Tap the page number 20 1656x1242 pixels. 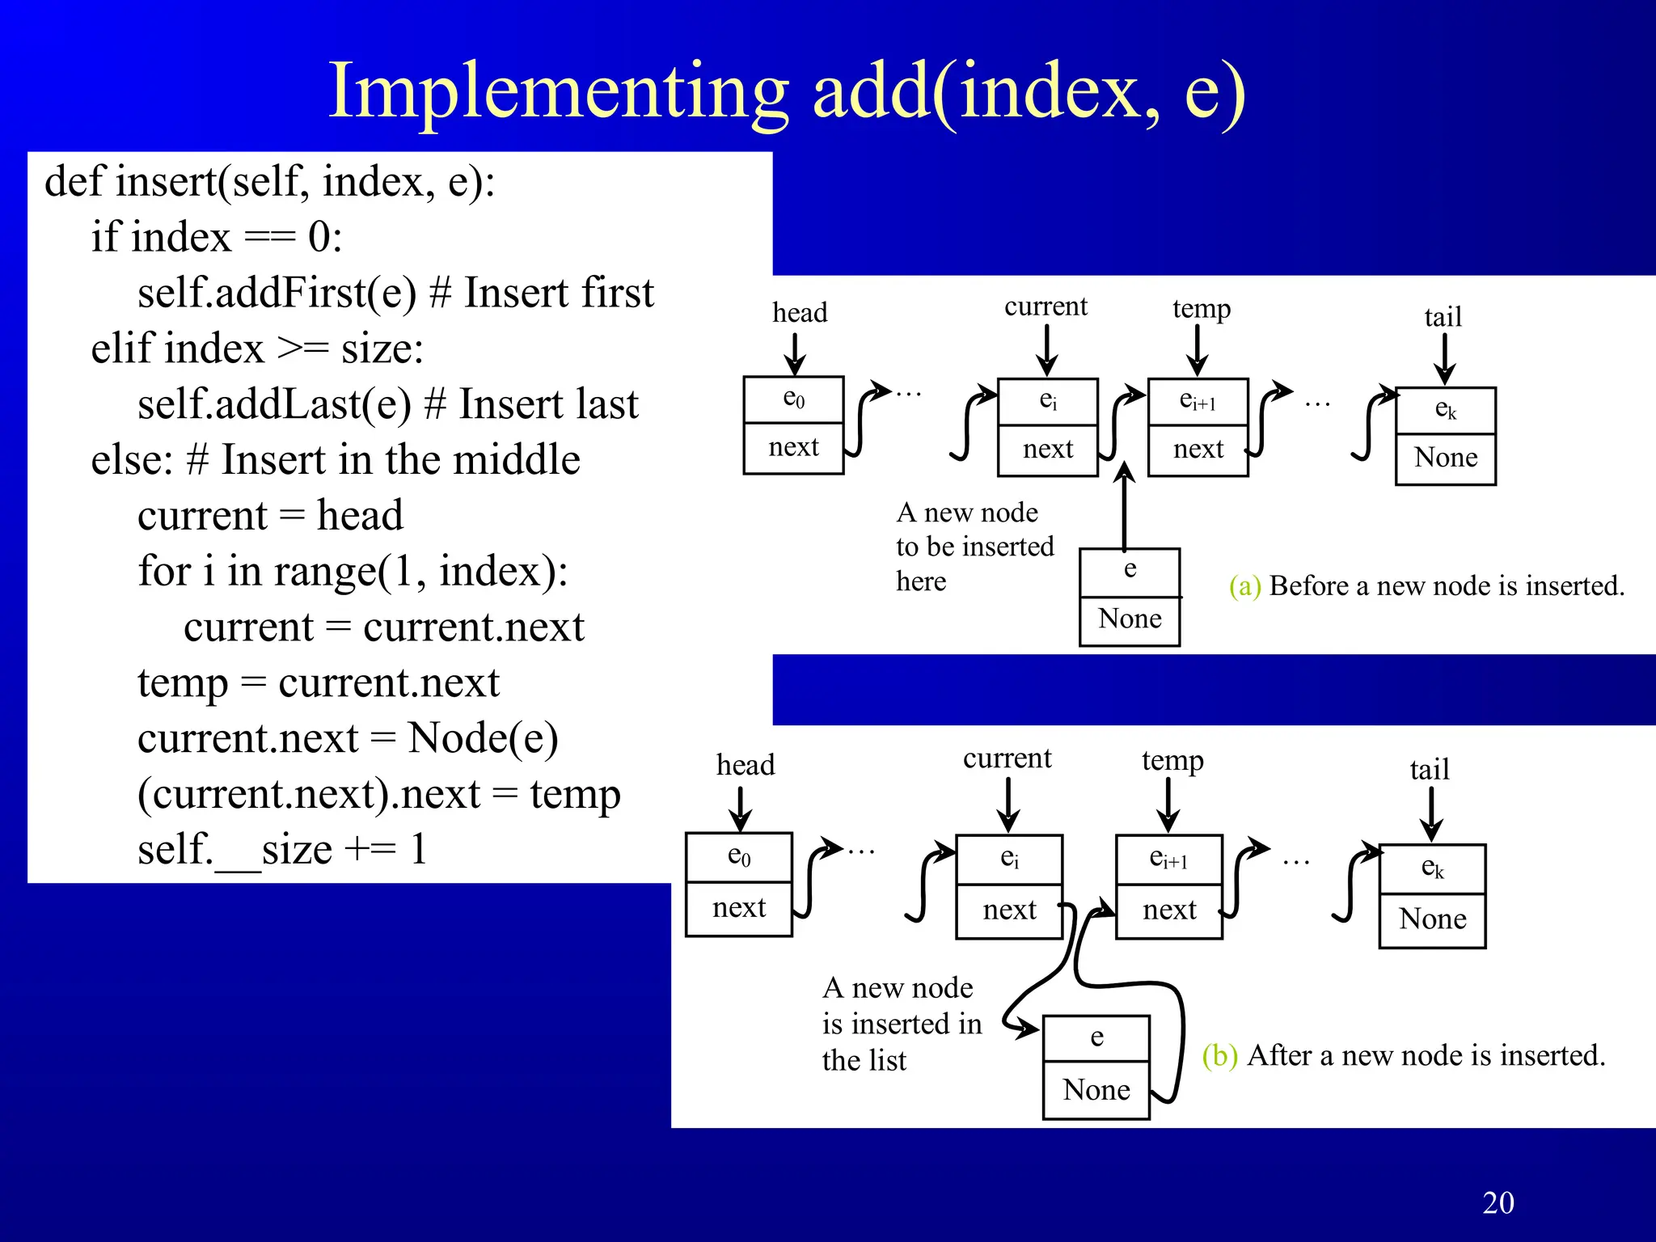tap(1498, 1202)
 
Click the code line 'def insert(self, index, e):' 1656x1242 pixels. tap(269, 181)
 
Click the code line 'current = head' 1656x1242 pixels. tap(270, 516)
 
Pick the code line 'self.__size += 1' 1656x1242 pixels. tap(281, 850)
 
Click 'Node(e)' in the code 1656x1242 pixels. tap(483, 738)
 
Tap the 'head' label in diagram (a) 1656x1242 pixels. tap(799, 313)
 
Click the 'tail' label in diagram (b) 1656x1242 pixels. tap(1429, 770)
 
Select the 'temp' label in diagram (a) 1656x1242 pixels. tap(1201, 309)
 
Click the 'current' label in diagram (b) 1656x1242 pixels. tap(1007, 758)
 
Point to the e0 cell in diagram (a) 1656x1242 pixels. tap(793, 399)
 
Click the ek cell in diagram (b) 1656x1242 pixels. tap(1431, 868)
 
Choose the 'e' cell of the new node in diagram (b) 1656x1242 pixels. tap(1096, 1037)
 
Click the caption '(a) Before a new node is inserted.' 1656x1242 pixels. tap(1426, 586)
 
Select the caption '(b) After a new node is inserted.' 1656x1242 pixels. tap(1403, 1056)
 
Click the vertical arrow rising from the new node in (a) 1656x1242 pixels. tap(1124, 509)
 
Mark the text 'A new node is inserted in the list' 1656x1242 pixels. tap(902, 1024)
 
